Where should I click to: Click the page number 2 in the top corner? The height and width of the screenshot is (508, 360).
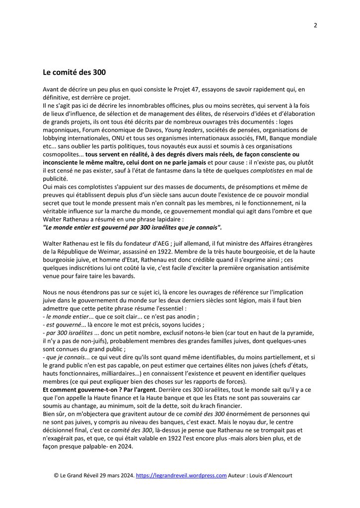click(315, 26)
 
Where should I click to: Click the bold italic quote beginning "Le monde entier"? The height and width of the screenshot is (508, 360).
click(132, 227)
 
